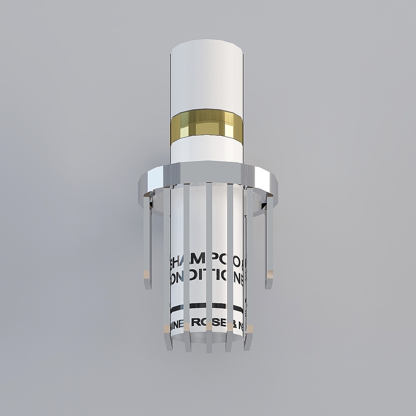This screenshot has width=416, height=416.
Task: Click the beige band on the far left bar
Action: (147, 273)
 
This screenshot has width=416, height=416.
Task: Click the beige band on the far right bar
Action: (269, 273)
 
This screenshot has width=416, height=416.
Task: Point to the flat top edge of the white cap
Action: (207, 43)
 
